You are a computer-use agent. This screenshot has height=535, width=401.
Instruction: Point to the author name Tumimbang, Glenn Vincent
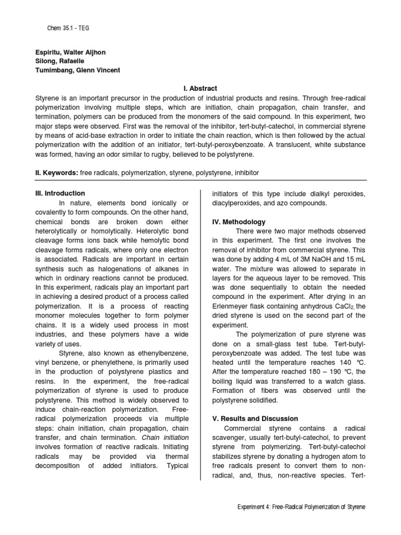pos(77,70)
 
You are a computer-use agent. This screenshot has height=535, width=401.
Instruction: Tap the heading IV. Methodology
pos(239,222)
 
